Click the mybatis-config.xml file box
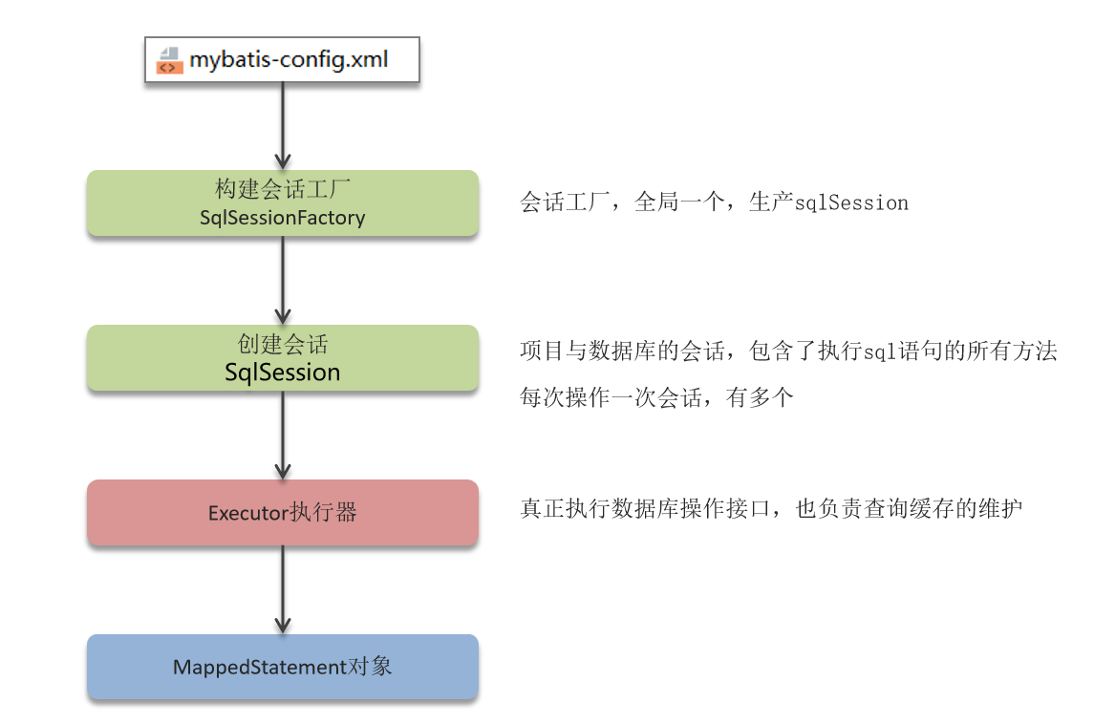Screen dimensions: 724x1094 point(282,61)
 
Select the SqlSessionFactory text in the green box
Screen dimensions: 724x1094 point(282,218)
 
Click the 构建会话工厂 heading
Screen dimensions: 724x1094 point(282,190)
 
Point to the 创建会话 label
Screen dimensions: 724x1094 point(282,345)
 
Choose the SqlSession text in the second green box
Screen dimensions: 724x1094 point(282,372)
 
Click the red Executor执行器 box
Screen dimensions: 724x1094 point(282,513)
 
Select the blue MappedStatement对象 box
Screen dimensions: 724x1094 point(282,667)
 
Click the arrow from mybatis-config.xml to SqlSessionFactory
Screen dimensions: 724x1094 point(282,124)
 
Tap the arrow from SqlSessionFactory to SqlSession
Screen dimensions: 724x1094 point(282,279)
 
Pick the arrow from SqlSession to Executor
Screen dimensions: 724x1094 point(282,435)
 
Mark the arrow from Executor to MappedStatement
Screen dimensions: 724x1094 point(282,589)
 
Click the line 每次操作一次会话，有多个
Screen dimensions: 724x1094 point(656,398)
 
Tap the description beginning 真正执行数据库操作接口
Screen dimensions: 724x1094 point(771,509)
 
